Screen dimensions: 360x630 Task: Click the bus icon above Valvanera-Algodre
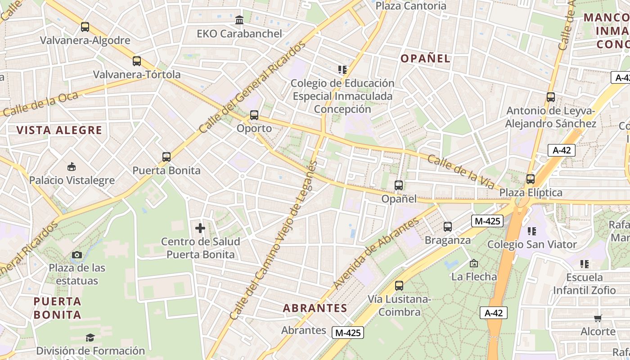[x=85, y=27]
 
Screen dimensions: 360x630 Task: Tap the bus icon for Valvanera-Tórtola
[x=137, y=61]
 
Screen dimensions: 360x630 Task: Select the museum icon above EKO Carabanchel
[x=239, y=20]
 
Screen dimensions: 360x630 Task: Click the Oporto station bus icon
[x=254, y=115]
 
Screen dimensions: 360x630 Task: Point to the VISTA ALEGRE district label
[x=59, y=130]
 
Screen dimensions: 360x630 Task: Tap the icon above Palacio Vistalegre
[x=71, y=167]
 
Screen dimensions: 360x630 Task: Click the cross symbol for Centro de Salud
[x=200, y=228]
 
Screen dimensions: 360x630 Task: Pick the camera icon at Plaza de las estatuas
[x=77, y=255]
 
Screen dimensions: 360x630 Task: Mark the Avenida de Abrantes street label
[x=376, y=254]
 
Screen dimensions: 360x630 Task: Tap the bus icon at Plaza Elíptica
[x=531, y=179]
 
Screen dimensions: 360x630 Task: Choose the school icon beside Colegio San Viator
[x=532, y=231]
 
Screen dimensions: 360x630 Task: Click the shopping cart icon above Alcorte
[x=598, y=318]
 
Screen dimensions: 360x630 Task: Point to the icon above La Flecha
[x=473, y=263]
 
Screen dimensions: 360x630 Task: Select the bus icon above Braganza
[x=447, y=227]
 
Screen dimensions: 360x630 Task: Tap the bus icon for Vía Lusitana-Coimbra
[x=399, y=286]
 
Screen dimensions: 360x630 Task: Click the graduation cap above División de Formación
[x=90, y=337]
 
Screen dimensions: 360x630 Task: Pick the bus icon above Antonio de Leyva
[x=550, y=97]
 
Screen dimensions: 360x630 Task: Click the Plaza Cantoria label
[x=411, y=6]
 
